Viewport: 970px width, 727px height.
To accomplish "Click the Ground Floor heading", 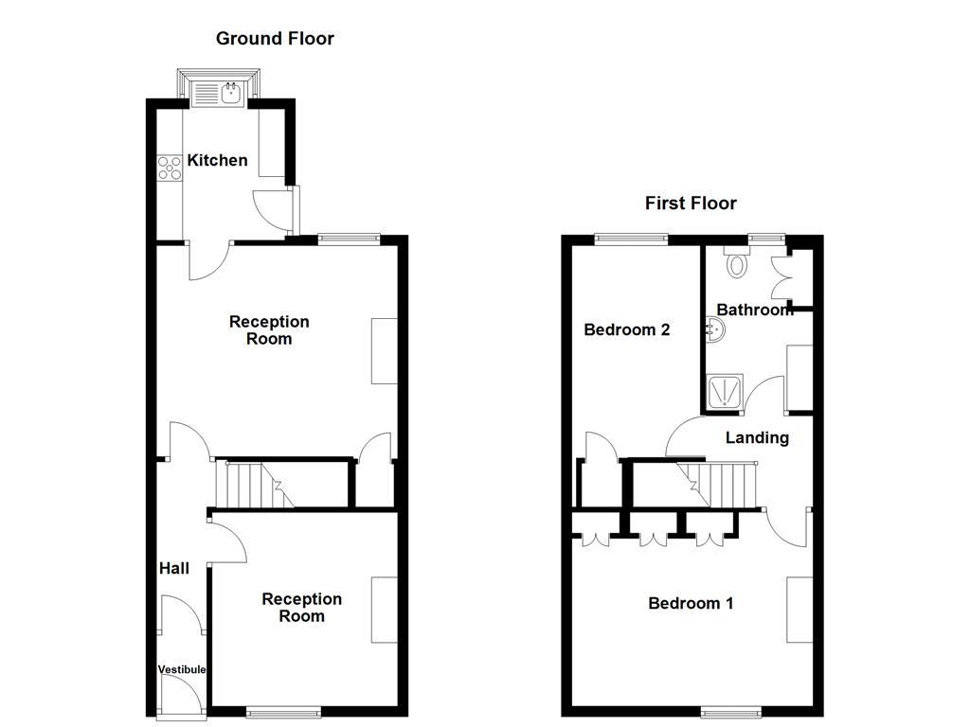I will coord(275,39).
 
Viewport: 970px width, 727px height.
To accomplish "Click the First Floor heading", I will coord(691,204).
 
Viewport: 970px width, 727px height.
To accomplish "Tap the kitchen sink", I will coord(219,92).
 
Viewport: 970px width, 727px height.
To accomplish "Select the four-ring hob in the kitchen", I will coord(170,168).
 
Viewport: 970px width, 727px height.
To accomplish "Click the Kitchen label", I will coord(217,161).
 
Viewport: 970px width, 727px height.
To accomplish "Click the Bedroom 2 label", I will coord(626,330).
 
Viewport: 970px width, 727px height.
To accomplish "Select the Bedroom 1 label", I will coord(690,604).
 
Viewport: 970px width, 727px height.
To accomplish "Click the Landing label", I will coord(757,437).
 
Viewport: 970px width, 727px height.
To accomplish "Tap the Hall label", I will coord(173,569).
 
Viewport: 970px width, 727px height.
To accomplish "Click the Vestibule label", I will coord(181,669).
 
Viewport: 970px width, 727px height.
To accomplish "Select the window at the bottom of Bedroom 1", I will coord(730,710).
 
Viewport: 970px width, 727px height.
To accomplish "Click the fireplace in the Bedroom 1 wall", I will coord(799,609).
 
